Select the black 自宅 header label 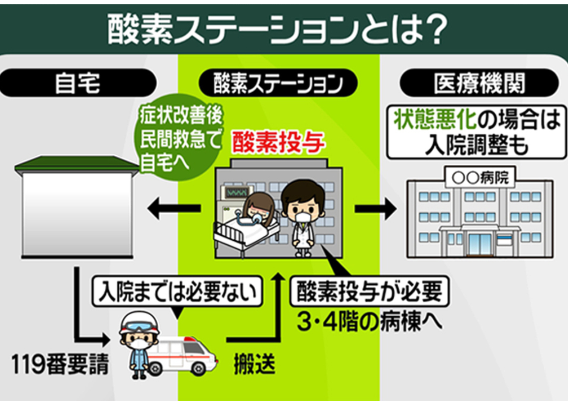(77, 83)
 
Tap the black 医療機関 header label (479, 83)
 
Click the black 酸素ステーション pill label (278, 83)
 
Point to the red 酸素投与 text (278, 143)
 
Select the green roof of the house (77, 164)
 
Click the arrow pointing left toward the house (174, 208)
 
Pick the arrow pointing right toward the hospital (376, 208)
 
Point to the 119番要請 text (60, 364)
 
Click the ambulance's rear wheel (198, 368)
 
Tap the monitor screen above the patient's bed (237, 192)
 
